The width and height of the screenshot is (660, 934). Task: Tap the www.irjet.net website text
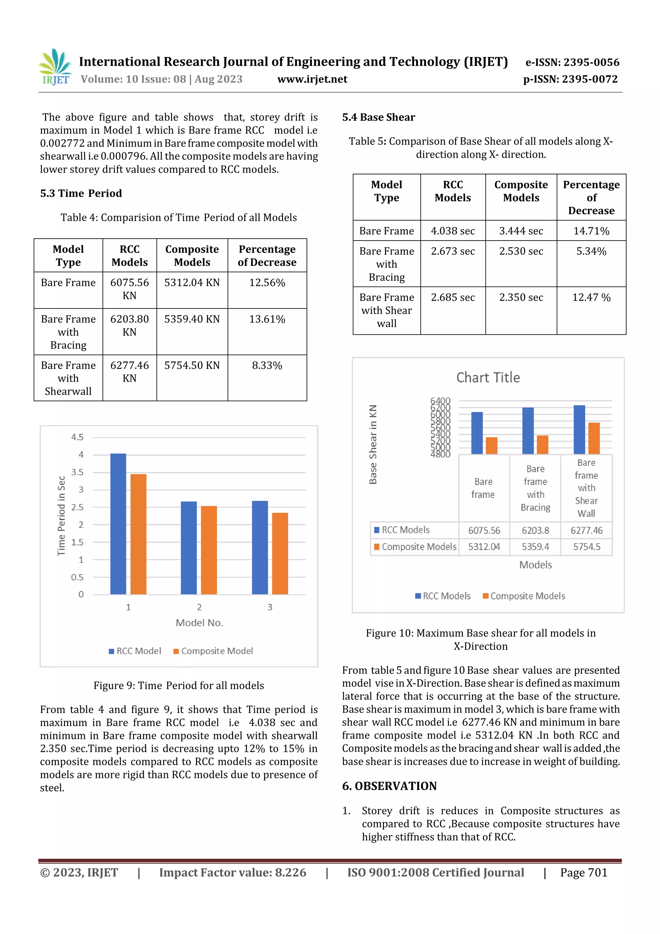pos(312,79)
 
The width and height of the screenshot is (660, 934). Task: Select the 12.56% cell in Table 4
pos(267,283)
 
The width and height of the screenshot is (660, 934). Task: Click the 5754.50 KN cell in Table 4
pos(192,365)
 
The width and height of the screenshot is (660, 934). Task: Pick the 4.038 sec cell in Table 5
pos(452,231)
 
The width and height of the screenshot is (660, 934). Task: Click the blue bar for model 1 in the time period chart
pos(118,524)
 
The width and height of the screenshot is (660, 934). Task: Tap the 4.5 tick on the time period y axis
pos(77,437)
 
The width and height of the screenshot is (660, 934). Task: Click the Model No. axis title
pos(199,623)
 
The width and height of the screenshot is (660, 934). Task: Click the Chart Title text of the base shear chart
pos(488,378)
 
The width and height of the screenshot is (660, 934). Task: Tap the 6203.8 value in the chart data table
pos(535,530)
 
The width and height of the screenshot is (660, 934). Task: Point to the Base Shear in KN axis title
pos(373,444)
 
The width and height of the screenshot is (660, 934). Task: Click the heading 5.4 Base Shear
pos(378,118)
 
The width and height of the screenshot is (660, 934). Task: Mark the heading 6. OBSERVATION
pos(389,786)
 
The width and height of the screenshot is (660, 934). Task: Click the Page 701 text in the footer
pos(584,872)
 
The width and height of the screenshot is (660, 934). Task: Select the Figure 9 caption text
pos(179,685)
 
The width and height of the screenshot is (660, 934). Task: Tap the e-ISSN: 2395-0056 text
pos(572,62)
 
